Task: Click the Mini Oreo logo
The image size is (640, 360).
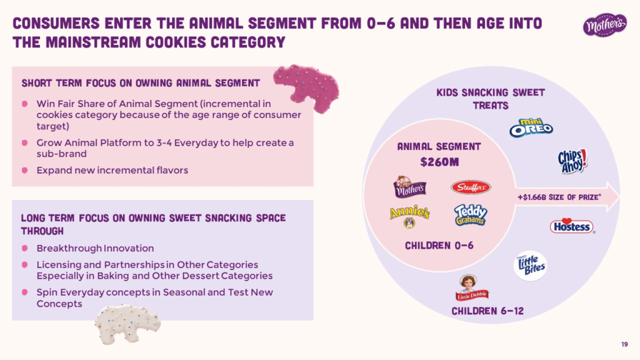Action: (531, 127)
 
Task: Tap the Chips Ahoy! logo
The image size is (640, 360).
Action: (572, 161)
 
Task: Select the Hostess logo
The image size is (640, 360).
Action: (572, 226)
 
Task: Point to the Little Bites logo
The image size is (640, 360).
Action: (530, 266)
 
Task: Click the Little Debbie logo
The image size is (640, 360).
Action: (471, 287)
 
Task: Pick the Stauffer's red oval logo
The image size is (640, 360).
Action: (471, 187)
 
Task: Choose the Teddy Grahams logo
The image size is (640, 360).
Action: (471, 215)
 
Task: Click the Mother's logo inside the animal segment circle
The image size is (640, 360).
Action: (409, 187)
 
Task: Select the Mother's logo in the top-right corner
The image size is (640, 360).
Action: (604, 25)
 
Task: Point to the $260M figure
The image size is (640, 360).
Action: (439, 162)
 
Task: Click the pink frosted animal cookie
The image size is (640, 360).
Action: (307, 87)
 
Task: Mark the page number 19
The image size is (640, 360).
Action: (624, 344)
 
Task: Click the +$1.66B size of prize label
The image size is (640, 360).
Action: (559, 197)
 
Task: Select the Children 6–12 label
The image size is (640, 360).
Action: (487, 311)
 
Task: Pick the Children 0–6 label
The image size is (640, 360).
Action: (439, 245)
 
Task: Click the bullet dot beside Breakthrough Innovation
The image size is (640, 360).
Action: (25, 248)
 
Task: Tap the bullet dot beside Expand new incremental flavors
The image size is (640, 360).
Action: (25, 170)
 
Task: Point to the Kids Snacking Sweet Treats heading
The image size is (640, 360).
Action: (491, 99)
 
